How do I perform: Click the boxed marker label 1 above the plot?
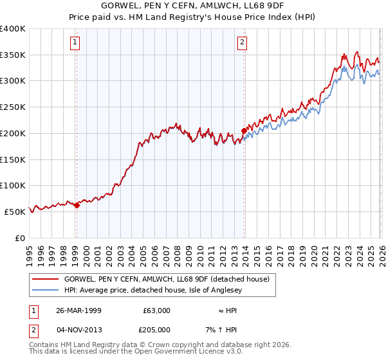click(76, 43)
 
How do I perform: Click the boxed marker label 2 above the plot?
click(243, 43)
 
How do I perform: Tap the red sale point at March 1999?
click(77, 205)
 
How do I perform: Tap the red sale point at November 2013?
click(244, 130)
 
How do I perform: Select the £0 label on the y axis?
click(21, 238)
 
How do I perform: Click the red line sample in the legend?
click(46, 279)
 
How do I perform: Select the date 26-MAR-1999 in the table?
click(78, 310)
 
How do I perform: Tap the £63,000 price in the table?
click(156, 310)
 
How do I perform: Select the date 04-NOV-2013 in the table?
click(78, 329)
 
